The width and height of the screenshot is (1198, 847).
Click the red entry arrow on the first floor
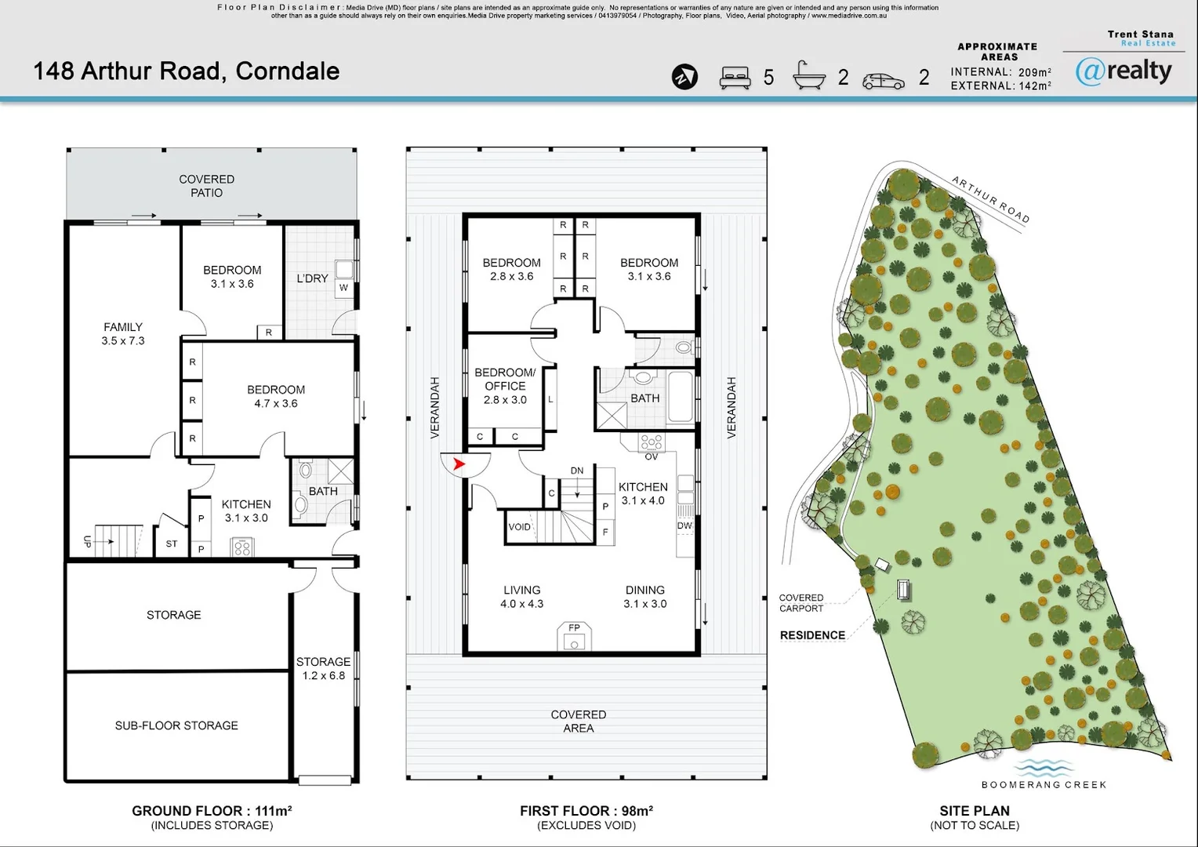click(459, 464)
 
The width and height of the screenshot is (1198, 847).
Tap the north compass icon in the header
click(684, 77)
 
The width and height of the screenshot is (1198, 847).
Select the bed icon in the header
click(735, 78)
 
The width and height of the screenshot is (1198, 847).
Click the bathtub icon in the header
click(808, 75)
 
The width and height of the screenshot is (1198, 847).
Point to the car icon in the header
click(884, 81)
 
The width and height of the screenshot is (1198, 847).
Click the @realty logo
click(1124, 71)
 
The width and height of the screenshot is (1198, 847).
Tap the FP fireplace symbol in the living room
click(574, 636)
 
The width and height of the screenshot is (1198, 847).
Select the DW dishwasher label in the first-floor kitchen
click(684, 525)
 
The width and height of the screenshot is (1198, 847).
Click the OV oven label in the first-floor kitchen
click(651, 457)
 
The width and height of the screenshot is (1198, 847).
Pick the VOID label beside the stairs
click(519, 527)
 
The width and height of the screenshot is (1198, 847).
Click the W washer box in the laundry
click(343, 287)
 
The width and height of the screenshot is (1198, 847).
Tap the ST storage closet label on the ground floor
click(171, 543)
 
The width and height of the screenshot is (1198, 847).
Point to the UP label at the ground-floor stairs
click(88, 541)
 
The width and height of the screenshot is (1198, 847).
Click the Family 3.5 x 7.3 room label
click(123, 334)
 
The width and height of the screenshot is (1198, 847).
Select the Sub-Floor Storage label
click(176, 725)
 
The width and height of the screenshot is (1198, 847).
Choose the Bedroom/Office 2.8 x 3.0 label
click(505, 386)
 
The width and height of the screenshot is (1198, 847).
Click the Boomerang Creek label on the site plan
click(1044, 784)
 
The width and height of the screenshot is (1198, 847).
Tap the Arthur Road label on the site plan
click(990, 199)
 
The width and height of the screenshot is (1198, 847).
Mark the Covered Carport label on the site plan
click(801, 603)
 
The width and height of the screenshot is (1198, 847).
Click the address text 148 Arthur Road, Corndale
click(186, 71)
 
